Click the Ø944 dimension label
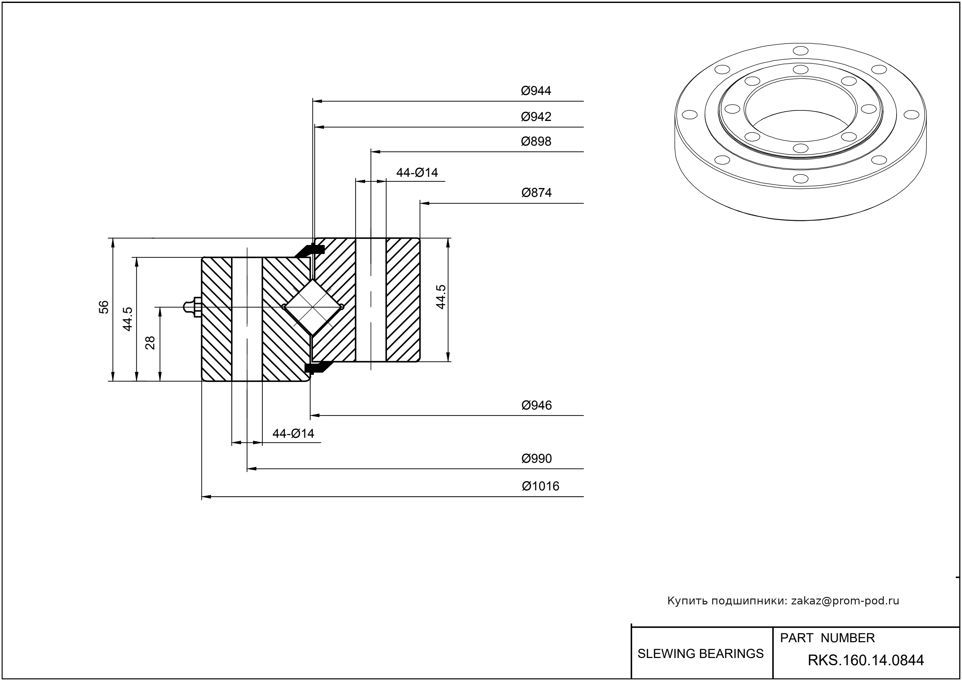tap(536, 91)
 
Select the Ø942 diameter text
tap(536, 117)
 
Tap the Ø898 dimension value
tap(536, 141)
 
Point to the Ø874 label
tap(536, 193)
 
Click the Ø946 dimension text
tap(536, 406)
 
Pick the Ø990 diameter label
tap(536, 459)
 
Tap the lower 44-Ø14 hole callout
tap(293, 434)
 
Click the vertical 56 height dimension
tap(104, 307)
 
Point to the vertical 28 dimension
tap(150, 343)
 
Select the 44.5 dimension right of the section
tap(441, 297)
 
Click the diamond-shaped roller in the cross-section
tap(313, 307)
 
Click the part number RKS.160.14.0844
tap(866, 661)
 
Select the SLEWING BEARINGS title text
tap(700, 654)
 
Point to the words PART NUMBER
tap(827, 638)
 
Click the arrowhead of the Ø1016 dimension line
tap(206, 497)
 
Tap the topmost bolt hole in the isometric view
tap(801, 51)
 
